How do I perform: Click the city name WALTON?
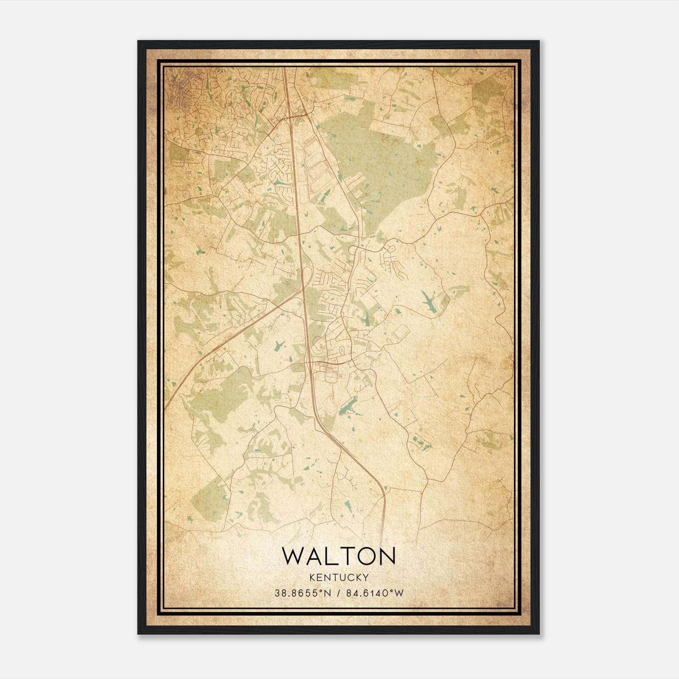(339, 556)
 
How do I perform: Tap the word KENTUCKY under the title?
(339, 578)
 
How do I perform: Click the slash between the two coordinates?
(338, 593)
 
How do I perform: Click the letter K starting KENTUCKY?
(312, 578)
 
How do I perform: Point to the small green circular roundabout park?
(199, 132)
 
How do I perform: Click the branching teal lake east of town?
(429, 302)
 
